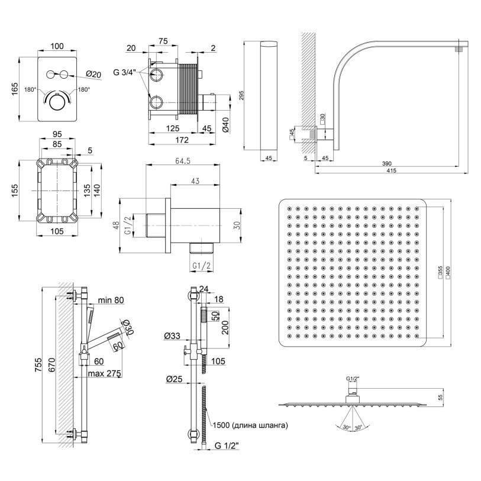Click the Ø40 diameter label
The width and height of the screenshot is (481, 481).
pos(225,125)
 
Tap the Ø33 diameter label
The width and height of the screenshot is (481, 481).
pos(173,337)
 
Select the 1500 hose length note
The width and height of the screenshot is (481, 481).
pos(251,425)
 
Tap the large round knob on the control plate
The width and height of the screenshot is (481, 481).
pos(57,103)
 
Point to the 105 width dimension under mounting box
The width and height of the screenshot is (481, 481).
pos(56,232)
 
